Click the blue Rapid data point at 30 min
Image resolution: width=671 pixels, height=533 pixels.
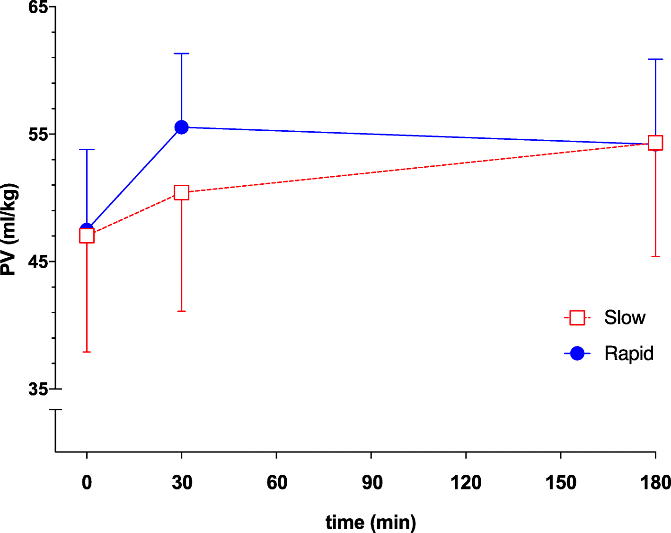tap(181, 127)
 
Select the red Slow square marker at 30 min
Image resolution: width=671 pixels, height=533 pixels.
tap(181, 192)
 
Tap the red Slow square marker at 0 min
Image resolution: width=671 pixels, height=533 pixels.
tap(87, 235)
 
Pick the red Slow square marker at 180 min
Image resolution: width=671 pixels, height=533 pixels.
tap(655, 143)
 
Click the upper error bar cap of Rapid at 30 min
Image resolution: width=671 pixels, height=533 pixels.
tap(181, 54)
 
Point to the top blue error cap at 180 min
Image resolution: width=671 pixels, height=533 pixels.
tap(655, 59)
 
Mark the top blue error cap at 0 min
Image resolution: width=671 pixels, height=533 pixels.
tap(87, 149)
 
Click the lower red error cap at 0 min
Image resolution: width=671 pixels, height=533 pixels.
tap(87, 352)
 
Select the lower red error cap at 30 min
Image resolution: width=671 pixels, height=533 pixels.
tap(181, 311)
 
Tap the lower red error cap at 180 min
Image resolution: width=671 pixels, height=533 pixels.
tap(655, 256)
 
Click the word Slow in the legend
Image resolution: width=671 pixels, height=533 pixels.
tap(625, 317)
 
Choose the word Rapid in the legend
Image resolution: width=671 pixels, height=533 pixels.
tap(629, 353)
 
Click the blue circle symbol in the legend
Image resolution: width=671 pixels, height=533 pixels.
tap(577, 353)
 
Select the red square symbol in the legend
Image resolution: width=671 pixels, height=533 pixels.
tap(577, 317)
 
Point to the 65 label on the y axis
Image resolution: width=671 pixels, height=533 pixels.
tap(38, 8)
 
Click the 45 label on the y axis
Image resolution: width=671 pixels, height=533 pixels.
tap(38, 262)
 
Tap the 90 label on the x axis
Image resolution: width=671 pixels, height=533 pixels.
tap(371, 483)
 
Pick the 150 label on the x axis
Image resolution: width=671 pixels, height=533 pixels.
tap(561, 483)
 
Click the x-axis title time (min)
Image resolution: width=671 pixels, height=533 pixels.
tap(371, 522)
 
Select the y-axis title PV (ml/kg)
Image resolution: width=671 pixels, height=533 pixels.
tap(9, 230)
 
